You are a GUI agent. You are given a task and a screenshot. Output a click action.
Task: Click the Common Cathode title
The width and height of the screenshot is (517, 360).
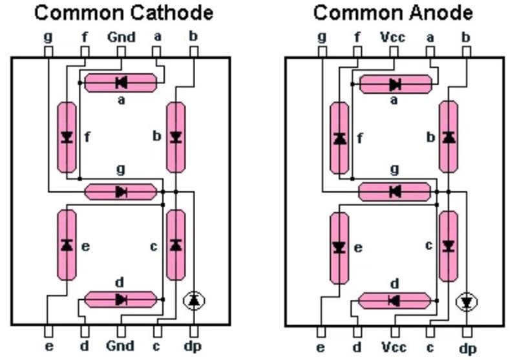click(x=123, y=12)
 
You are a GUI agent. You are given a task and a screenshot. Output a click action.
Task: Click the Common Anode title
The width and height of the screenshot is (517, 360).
click(x=393, y=12)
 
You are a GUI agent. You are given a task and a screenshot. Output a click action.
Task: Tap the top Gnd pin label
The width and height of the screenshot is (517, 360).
click(x=121, y=37)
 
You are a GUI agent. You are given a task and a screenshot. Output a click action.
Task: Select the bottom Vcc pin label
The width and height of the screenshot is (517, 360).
click(x=394, y=347)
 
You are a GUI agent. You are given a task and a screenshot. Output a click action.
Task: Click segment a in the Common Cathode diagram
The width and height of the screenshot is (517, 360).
click(x=121, y=82)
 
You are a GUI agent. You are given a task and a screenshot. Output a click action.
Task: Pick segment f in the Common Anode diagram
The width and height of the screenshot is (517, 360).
click(x=339, y=138)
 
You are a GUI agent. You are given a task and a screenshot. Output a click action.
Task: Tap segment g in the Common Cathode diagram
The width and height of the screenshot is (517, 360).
click(x=121, y=191)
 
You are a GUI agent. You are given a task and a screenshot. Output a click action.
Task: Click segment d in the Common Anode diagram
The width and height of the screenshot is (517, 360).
click(x=394, y=301)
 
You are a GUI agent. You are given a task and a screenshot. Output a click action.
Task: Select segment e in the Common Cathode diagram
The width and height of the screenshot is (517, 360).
click(x=66, y=245)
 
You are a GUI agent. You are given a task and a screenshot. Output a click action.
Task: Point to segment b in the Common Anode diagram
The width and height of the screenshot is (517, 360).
click(x=448, y=137)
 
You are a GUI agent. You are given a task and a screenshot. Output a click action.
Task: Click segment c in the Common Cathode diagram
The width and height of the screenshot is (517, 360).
click(x=175, y=245)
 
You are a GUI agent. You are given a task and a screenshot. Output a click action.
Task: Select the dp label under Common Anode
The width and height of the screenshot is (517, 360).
click(x=467, y=348)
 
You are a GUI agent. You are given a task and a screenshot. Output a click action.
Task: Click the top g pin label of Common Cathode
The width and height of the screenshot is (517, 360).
click(x=48, y=36)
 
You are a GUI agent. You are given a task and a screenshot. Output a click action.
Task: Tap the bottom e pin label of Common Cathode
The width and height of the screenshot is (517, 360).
click(x=49, y=347)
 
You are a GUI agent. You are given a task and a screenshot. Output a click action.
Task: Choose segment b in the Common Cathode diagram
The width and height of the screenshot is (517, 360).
click(x=175, y=137)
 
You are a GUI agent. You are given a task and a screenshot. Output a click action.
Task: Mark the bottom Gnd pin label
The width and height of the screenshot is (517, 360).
click(x=121, y=347)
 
